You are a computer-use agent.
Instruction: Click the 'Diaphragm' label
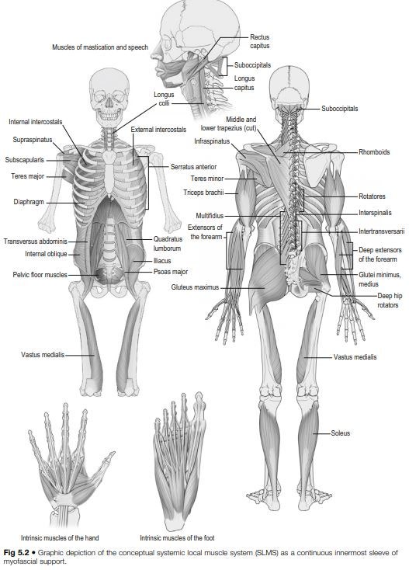click(x=29, y=202)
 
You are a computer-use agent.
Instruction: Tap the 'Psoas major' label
click(x=171, y=272)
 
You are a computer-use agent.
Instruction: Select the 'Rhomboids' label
click(x=374, y=152)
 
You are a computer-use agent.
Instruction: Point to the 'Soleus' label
click(x=341, y=433)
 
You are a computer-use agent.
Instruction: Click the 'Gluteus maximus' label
click(x=195, y=287)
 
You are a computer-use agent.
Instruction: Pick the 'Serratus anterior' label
click(x=193, y=166)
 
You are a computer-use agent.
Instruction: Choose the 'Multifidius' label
click(x=210, y=216)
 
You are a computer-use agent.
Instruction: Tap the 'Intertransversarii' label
click(x=381, y=231)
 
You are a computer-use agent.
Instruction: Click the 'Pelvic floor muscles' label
click(x=40, y=274)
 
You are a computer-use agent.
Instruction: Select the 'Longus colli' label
click(x=164, y=99)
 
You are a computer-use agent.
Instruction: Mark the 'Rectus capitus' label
click(x=260, y=41)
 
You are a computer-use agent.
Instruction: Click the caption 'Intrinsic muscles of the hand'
click(x=60, y=537)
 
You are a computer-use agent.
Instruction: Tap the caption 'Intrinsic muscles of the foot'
click(x=177, y=537)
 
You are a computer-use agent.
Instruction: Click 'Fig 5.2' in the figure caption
click(x=16, y=553)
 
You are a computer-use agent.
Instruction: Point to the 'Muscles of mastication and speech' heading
click(x=100, y=47)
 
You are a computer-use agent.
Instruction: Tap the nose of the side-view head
click(x=156, y=55)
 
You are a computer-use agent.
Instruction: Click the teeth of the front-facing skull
click(x=109, y=116)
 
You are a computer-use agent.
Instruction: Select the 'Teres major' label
click(x=28, y=176)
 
